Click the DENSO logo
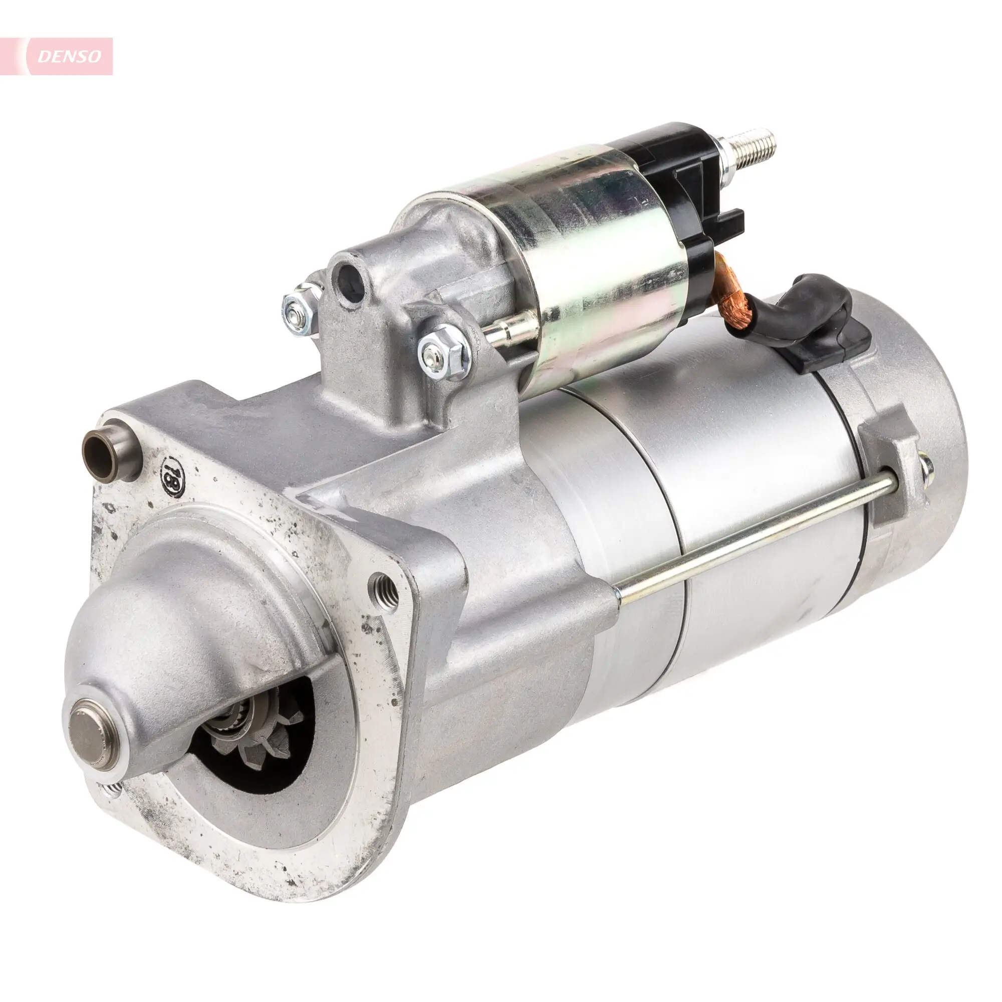70,57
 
